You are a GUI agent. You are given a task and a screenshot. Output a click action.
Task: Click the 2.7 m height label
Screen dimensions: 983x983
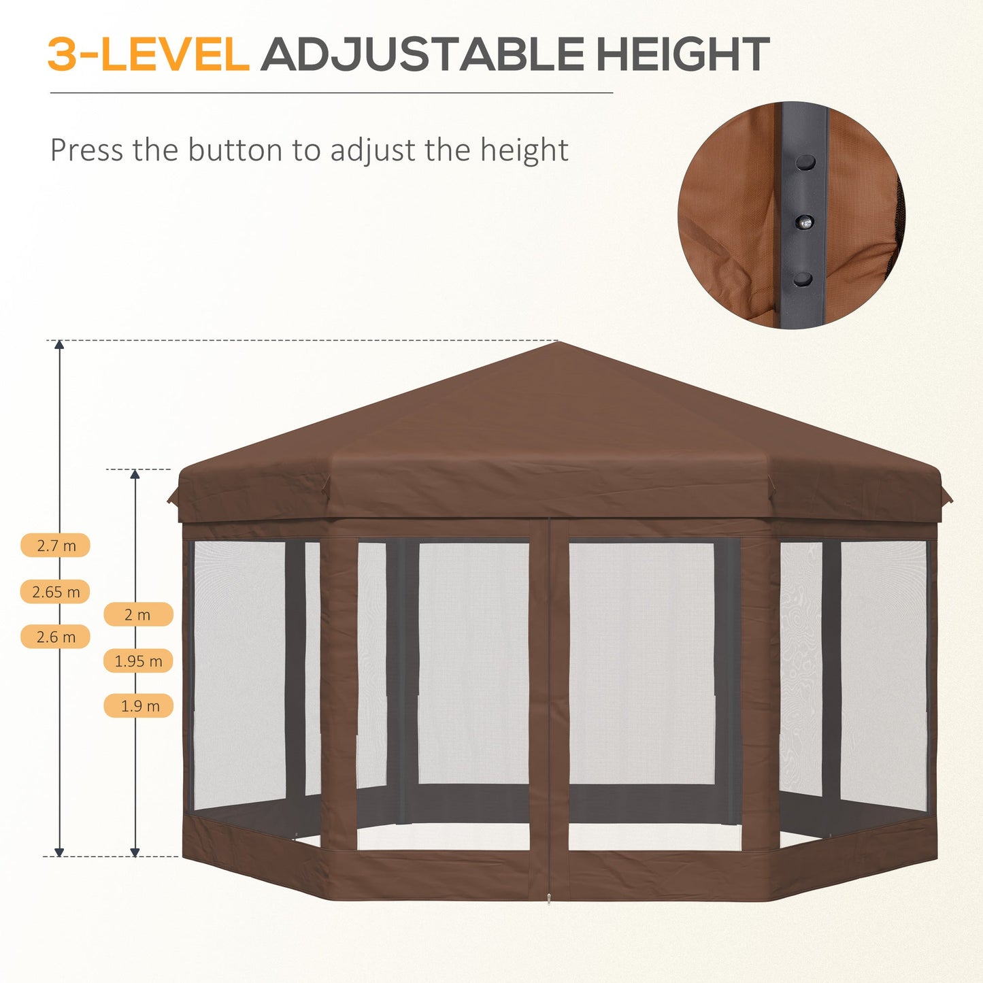[56, 546]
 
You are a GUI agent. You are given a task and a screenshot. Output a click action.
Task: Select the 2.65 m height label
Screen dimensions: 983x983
[56, 592]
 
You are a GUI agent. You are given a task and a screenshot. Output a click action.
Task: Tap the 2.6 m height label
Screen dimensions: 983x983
[56, 637]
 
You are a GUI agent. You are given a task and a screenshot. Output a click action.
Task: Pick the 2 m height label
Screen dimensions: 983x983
[138, 615]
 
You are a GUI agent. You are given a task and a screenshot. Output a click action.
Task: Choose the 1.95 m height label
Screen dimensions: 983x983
[138, 661]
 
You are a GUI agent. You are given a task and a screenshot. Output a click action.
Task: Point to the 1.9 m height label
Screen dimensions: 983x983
[138, 706]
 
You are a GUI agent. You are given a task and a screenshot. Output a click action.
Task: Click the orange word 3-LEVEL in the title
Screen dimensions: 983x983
[148, 54]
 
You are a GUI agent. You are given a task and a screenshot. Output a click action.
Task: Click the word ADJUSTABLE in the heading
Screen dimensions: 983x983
[422, 54]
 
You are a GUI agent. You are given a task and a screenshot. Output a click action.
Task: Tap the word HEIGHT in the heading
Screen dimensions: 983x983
[682, 54]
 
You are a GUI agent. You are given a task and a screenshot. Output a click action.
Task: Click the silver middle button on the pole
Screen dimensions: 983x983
[805, 222]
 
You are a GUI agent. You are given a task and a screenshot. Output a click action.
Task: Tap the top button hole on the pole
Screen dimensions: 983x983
[805, 163]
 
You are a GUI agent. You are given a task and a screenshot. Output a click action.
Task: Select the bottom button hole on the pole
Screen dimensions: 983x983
[803, 279]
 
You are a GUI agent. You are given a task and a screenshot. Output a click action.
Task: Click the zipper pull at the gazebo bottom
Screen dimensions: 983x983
[549, 900]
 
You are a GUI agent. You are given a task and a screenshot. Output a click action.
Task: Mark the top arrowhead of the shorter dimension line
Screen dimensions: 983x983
[135, 474]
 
